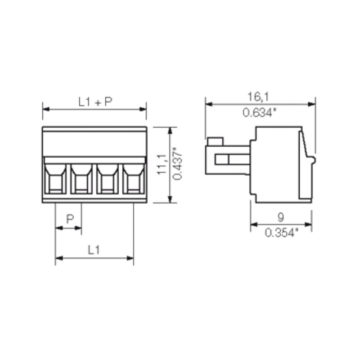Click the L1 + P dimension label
(x=94, y=102)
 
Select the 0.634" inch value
(x=259, y=112)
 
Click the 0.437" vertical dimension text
(x=177, y=165)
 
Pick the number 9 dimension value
(x=280, y=217)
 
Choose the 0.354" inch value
(x=281, y=233)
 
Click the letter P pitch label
(x=70, y=219)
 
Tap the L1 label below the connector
(x=94, y=250)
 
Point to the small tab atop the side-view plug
(x=215, y=141)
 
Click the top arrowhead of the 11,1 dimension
(x=170, y=130)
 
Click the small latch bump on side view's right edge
(x=313, y=159)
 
